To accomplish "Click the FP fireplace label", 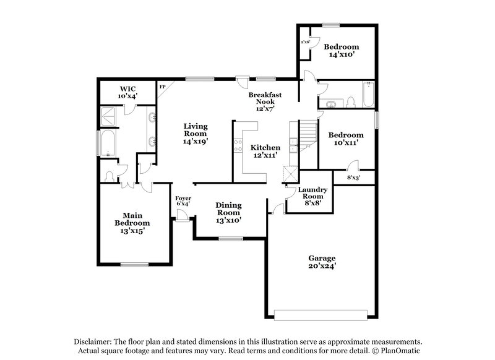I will click(x=163, y=87).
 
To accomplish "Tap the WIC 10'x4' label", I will click(x=127, y=93).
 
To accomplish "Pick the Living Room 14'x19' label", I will click(x=195, y=133).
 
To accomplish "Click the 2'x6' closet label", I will click(x=305, y=43).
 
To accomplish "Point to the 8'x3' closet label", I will click(x=353, y=178).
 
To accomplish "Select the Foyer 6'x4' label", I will click(x=183, y=200).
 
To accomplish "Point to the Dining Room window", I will click(x=230, y=238).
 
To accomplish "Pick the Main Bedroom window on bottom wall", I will click(x=134, y=265).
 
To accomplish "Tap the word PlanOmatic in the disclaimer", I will click(x=396, y=351).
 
